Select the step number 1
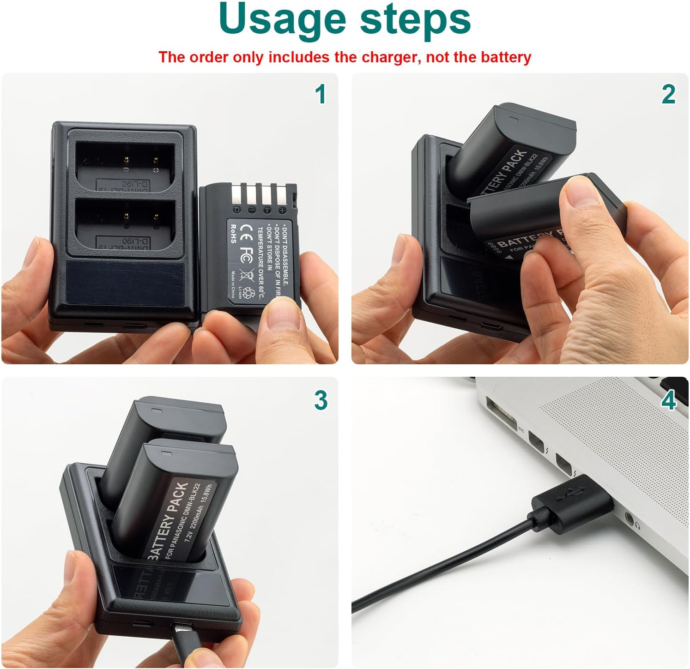coord(320,95)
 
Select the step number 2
coord(668,95)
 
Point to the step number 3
coord(321,400)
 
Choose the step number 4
coord(668,400)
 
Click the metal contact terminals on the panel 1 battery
coord(259,197)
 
